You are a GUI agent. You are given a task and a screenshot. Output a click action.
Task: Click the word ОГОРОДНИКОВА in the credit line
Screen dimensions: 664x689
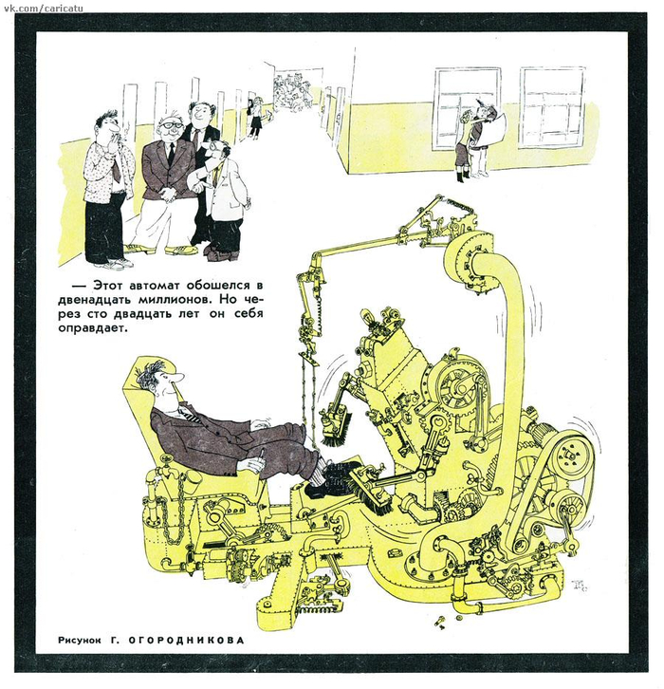pyautogui.click(x=186, y=641)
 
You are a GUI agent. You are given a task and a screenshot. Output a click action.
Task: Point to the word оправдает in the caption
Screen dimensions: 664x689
pyautogui.click(x=93, y=328)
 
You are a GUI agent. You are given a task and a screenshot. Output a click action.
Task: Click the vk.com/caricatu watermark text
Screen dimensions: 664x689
pyautogui.click(x=42, y=8)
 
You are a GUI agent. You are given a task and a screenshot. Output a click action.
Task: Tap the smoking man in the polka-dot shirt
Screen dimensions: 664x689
pyautogui.click(x=109, y=189)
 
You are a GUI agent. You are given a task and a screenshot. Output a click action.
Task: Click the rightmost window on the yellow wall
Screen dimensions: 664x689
pyautogui.click(x=552, y=106)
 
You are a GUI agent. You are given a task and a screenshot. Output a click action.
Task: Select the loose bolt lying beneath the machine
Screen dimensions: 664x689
pyautogui.click(x=438, y=623)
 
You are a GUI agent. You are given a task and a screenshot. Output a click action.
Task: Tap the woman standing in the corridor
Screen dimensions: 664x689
pyautogui.click(x=254, y=118)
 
